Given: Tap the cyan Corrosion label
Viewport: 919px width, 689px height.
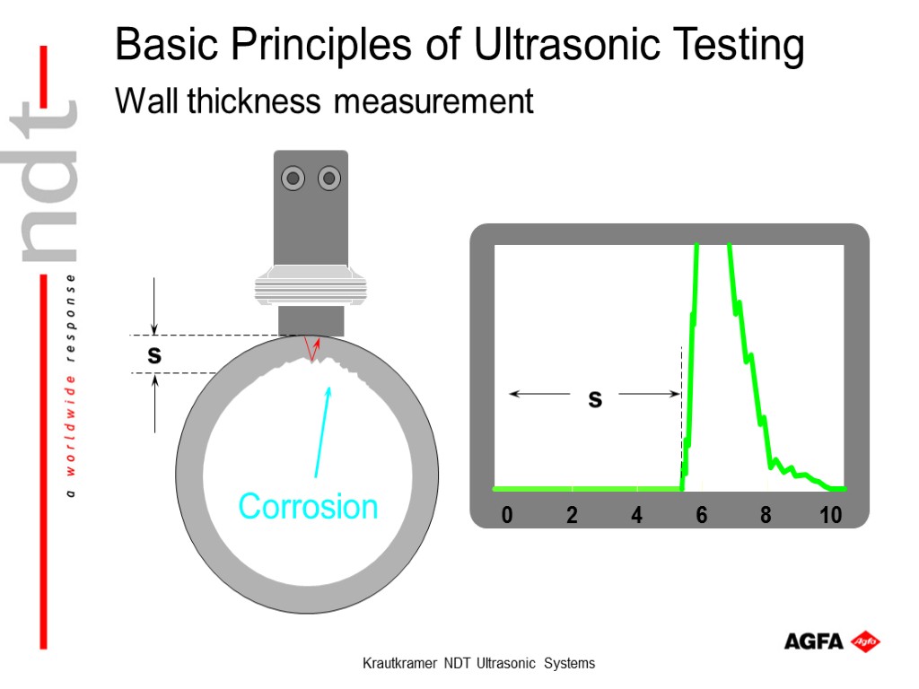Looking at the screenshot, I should click(x=308, y=506).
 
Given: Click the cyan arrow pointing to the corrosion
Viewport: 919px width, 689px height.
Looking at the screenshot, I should click(x=322, y=431).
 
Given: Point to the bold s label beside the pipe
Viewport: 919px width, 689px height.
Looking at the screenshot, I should click(x=154, y=355).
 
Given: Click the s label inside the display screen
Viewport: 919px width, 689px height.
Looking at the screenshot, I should click(x=594, y=399).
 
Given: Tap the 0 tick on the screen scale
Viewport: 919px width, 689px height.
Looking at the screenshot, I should click(x=507, y=516).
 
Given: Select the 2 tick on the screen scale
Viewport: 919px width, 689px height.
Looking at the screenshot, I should click(x=572, y=516).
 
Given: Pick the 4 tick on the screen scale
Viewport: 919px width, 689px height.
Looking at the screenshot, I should click(x=636, y=516).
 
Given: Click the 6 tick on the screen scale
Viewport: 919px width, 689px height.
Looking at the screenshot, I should click(x=701, y=516).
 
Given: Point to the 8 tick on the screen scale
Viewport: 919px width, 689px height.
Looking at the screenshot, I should click(x=766, y=516).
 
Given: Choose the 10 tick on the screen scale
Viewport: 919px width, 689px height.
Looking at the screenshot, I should click(x=830, y=516).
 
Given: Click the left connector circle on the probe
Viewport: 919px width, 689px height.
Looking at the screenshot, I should click(x=293, y=179).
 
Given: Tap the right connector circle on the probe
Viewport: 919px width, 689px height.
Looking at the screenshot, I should click(x=329, y=179).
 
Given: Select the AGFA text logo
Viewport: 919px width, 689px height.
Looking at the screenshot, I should click(x=813, y=641).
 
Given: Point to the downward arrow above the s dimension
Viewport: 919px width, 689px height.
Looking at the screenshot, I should click(x=155, y=305).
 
